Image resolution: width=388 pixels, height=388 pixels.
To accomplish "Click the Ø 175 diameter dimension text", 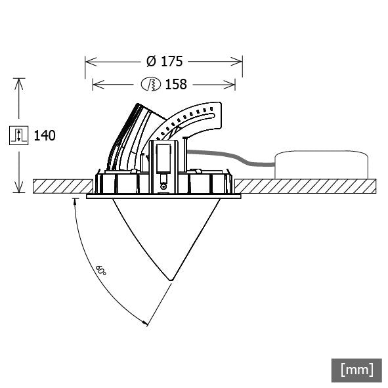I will pyautogui.click(x=163, y=62).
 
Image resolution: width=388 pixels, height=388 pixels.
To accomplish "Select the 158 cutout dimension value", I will pyautogui.click(x=176, y=84).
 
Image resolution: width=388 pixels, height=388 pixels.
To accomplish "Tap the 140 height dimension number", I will pyautogui.click(x=44, y=136).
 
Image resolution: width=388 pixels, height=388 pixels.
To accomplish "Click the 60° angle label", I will pyautogui.click(x=101, y=270).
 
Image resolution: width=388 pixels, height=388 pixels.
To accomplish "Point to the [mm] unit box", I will pyautogui.click(x=356, y=370).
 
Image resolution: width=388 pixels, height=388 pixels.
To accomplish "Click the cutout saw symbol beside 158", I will pyautogui.click(x=151, y=84).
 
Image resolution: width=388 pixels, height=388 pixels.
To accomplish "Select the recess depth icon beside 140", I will pyautogui.click(x=19, y=136).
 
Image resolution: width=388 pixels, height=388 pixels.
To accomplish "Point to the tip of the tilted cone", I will pyautogui.click(x=171, y=280).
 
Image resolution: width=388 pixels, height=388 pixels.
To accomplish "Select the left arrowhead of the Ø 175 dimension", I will pyautogui.click(x=89, y=62).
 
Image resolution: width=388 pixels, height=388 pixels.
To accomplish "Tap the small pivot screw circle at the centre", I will pyautogui.click(x=163, y=187).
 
